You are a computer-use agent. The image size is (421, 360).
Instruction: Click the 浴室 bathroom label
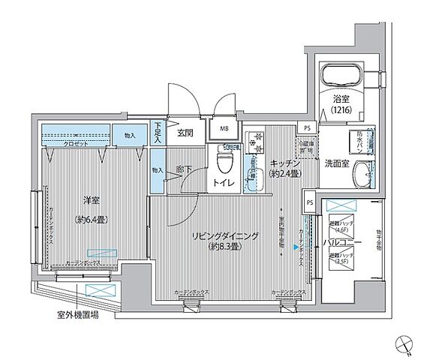coord(341,98)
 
